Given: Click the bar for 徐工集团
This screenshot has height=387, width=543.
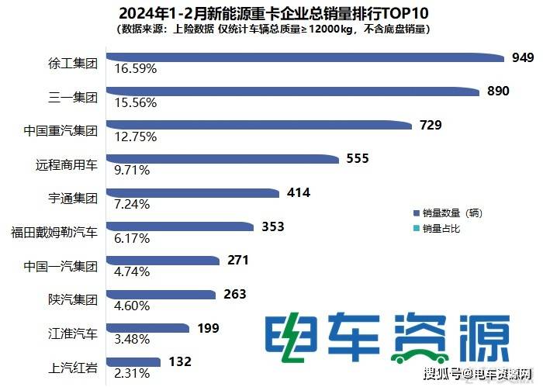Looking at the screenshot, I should pyautogui.click(x=303, y=57).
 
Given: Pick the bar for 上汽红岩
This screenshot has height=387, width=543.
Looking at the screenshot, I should pyautogui.click(x=132, y=361).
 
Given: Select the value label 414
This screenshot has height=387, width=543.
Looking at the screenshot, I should pyautogui.click(x=298, y=192).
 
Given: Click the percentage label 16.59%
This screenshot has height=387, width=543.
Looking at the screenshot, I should pyautogui.click(x=136, y=69).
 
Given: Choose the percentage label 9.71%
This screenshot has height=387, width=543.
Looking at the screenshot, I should pyautogui.click(x=133, y=171).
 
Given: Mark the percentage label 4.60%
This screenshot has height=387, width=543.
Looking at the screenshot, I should pyautogui.click(x=133, y=306).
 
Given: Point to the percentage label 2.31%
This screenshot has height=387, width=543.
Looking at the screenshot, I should pyautogui.click(x=133, y=374).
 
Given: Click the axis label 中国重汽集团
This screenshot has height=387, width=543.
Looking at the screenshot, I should pyautogui.click(x=61, y=130).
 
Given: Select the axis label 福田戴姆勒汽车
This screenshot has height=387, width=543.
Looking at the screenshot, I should pyautogui.click(x=54, y=231).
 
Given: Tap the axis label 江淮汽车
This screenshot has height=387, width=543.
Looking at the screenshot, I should pyautogui.click(x=71, y=333).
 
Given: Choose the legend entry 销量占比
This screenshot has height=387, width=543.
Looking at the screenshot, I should pyautogui.click(x=441, y=228).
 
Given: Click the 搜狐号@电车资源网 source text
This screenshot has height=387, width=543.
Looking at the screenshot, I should pyautogui.click(x=476, y=375).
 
